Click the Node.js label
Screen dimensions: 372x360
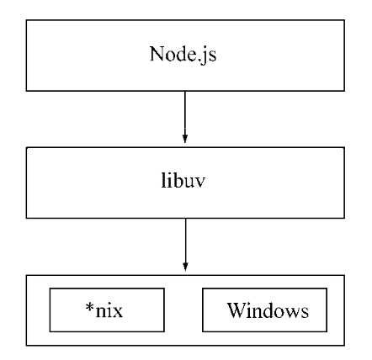coord(183,55)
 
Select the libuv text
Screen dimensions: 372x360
coord(183,180)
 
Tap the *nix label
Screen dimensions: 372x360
coord(104,310)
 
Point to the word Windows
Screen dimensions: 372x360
coord(268,310)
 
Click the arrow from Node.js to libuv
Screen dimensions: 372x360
coord(185,117)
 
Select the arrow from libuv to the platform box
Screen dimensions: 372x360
coord(185,245)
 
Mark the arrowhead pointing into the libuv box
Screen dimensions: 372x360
coord(185,139)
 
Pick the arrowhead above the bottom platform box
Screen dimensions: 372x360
coord(185,267)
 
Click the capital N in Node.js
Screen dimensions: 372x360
coord(157,53)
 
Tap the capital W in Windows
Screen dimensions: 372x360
coord(237,310)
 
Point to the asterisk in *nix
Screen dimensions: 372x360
coord(89,307)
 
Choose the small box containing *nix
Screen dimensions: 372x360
coord(107,310)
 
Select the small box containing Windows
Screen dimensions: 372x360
coord(264,310)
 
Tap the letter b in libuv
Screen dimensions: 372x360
coord(176,180)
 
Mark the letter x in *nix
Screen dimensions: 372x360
coord(118,312)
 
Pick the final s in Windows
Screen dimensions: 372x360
coord(305,312)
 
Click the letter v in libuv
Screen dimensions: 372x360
coord(199,183)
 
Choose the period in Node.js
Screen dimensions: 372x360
coord(199,60)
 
